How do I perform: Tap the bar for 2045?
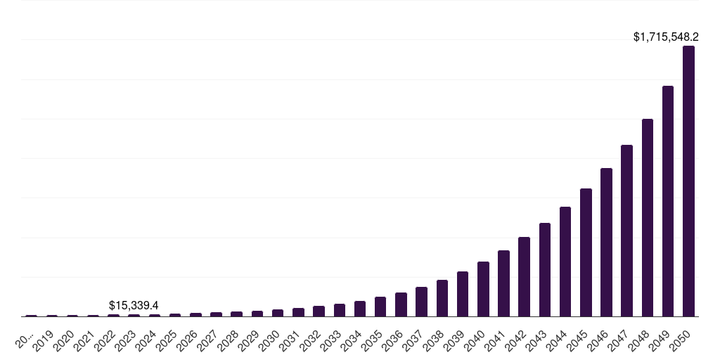[x=586, y=252]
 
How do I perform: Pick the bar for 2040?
[x=483, y=289]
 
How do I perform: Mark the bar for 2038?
[x=442, y=298]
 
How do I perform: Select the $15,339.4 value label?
[x=134, y=305]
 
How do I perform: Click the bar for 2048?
[x=648, y=218]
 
